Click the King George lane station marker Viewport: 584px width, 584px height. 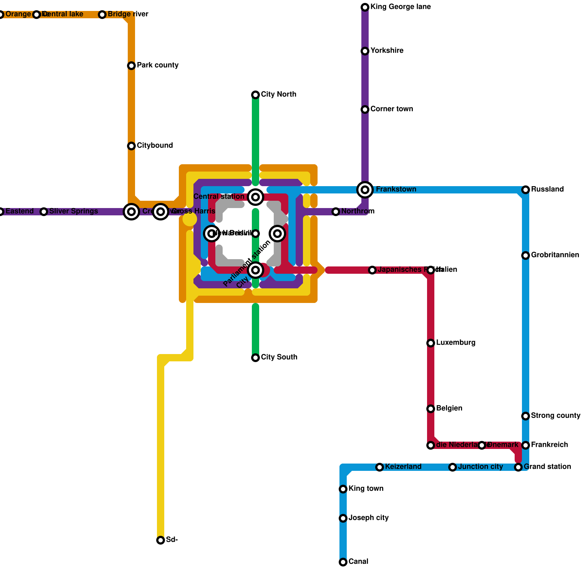[x=365, y=7]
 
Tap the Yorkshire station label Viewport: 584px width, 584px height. [x=387, y=51]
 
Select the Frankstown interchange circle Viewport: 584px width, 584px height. [x=365, y=189]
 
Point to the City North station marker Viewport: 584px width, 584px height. [x=255, y=95]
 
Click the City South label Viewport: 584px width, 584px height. [x=279, y=357]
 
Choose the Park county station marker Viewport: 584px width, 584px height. [x=131, y=66]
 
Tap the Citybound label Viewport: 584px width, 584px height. [x=155, y=146]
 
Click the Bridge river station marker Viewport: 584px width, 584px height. [x=102, y=15]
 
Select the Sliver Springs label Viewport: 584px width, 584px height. [x=73, y=211]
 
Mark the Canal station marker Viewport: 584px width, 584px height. [x=343, y=562]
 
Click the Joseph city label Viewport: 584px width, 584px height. [x=368, y=518]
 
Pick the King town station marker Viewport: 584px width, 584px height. [x=343, y=489]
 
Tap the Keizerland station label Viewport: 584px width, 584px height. [x=403, y=467]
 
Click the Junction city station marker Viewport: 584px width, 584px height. [x=453, y=467]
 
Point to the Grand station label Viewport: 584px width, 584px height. [x=547, y=467]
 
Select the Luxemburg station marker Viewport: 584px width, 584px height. [x=431, y=343]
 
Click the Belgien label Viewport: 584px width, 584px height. [x=449, y=408]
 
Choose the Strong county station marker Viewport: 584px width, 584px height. [x=526, y=416]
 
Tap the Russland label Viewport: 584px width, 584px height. [x=547, y=189]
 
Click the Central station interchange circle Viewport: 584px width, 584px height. [x=255, y=197]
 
